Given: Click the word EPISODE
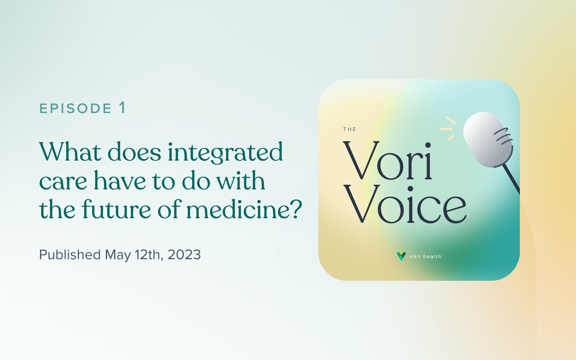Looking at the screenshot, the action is [75, 108].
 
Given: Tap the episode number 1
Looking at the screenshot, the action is [122, 108].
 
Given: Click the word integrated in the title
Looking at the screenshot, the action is [225, 153].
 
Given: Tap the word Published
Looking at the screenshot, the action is [70, 255].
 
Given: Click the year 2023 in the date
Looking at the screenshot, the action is [184, 255].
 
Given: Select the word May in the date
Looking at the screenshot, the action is [118, 255].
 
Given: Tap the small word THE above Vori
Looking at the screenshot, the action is [350, 129].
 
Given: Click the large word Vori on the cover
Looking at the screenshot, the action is [387, 161].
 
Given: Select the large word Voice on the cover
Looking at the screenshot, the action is [405, 204].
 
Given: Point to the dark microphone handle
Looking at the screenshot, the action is [511, 180].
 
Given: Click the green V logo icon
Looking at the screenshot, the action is [401, 256].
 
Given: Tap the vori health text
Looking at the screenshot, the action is [426, 257].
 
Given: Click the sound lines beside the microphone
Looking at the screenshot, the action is [449, 129].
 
